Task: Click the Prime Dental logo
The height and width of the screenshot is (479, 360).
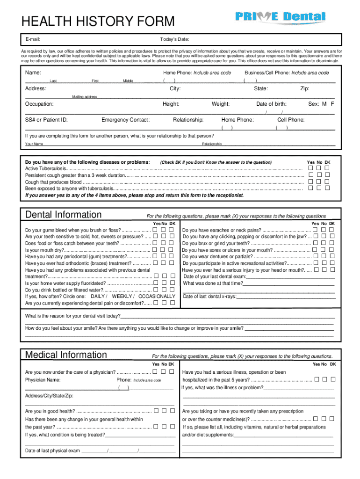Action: click(x=280, y=17)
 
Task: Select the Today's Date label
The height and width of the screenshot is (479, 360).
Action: click(x=174, y=39)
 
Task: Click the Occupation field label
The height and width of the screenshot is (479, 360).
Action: click(x=39, y=104)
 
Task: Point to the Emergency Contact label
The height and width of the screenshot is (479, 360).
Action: click(x=125, y=120)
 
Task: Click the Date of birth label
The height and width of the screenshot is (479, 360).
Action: click(x=271, y=104)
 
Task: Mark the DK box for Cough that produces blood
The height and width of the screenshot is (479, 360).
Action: click(x=327, y=181)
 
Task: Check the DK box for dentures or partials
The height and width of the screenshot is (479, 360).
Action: click(x=332, y=256)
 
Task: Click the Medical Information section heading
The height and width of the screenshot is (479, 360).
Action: click(x=66, y=355)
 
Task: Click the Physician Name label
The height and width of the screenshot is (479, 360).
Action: click(x=43, y=380)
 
